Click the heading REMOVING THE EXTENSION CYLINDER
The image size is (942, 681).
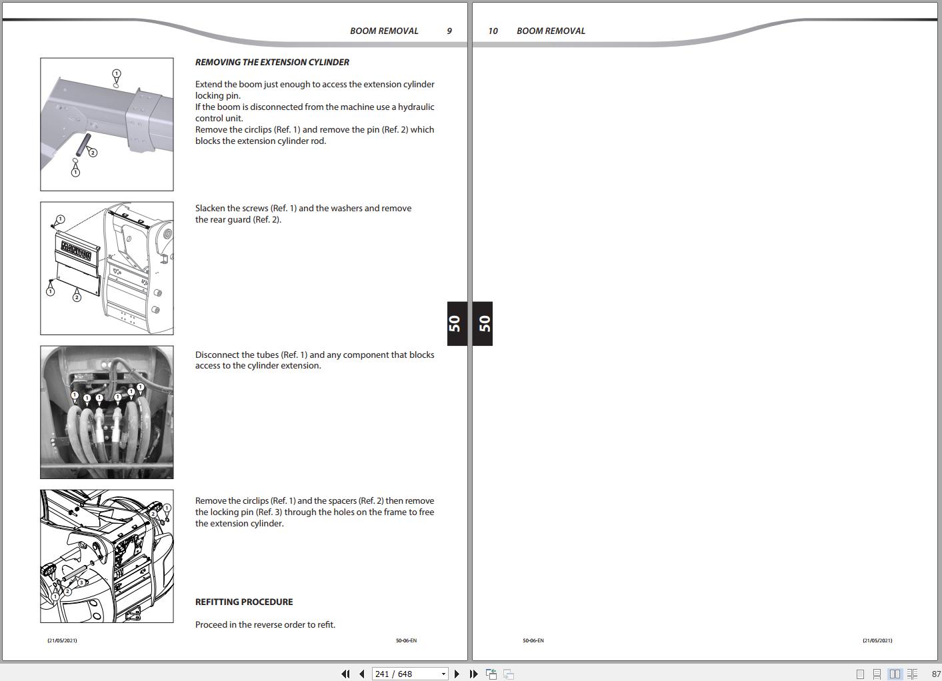272,62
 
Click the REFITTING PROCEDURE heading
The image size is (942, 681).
244,602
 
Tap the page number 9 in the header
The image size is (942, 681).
449,31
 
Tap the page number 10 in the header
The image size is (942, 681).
493,31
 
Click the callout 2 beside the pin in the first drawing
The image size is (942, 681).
93,153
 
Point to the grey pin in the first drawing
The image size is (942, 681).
84,142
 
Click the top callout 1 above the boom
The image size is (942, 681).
117,73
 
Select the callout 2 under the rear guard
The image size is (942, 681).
77,297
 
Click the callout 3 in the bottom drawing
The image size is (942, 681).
81,582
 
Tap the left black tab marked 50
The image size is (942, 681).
456,324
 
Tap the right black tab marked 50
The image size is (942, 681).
483,324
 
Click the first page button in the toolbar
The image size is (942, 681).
345,674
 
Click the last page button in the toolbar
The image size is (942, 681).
473,674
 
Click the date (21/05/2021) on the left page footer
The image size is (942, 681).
62,640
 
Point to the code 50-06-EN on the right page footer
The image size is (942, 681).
533,640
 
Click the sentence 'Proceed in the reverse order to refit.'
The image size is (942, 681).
265,624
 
